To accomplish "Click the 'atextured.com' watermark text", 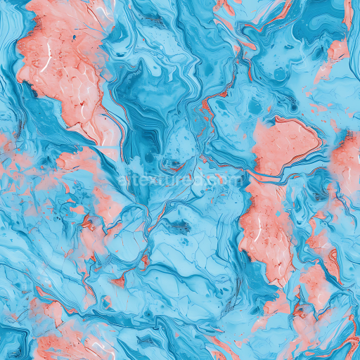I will point(180,181).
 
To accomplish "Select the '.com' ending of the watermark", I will point(226,181).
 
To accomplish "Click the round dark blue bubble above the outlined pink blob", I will point(281,73).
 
